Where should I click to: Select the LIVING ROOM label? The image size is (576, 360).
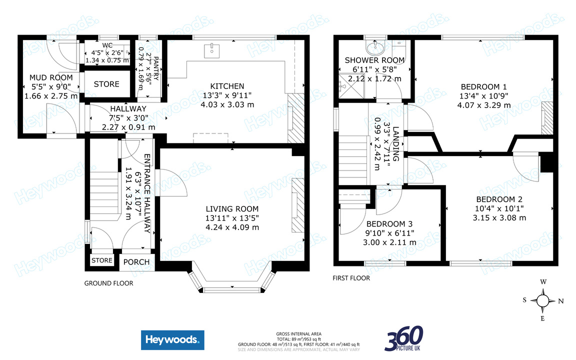(232, 208)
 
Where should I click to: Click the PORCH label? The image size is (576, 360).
(136, 261)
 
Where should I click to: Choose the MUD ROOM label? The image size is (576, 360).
(50, 77)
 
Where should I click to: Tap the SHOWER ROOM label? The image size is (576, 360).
(374, 60)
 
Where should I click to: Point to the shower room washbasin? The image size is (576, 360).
(373, 48)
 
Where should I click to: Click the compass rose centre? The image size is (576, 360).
(543, 300)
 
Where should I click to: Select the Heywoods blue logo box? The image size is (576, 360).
(172, 340)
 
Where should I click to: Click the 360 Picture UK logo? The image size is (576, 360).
(403, 338)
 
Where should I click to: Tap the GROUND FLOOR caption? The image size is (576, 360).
(108, 283)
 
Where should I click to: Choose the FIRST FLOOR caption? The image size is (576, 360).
(351, 278)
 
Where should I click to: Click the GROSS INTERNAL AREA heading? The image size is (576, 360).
(298, 333)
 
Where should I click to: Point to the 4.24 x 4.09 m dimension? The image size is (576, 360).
(232, 227)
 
